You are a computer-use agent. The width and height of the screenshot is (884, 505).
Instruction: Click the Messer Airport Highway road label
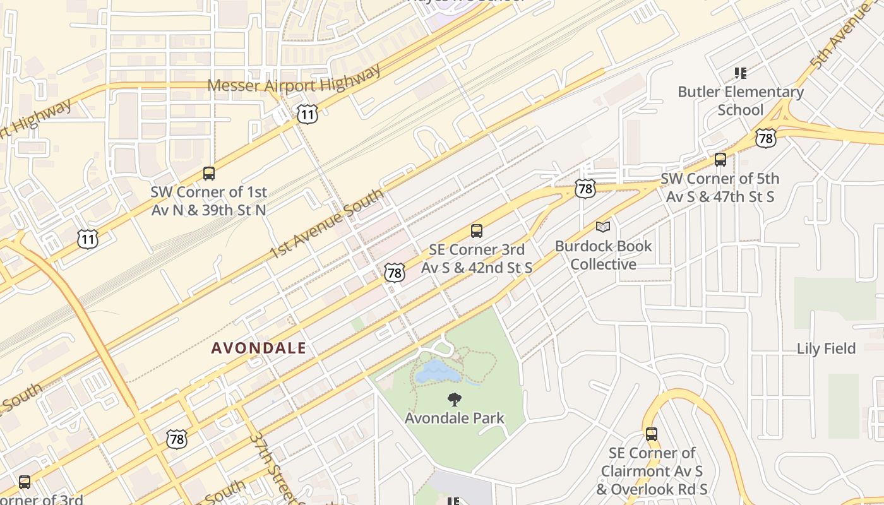294,78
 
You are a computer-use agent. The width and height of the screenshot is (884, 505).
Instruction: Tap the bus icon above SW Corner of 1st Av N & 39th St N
209,173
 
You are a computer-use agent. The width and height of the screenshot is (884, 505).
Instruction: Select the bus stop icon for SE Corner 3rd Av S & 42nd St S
477,231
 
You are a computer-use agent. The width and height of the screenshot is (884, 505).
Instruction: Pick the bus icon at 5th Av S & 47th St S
720,160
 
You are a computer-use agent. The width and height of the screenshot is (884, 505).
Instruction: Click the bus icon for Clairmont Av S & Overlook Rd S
652,434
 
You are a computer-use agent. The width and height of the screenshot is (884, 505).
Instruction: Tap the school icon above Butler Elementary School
741,73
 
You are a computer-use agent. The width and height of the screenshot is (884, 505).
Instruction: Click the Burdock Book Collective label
604,255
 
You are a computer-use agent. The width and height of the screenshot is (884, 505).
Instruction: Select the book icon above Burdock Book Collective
603,227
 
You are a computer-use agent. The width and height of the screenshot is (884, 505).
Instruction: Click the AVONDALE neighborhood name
259,348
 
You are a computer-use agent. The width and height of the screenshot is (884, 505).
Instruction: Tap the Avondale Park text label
455,418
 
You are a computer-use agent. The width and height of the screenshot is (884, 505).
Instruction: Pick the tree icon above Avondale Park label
454,399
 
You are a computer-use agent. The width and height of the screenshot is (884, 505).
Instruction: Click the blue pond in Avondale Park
438,372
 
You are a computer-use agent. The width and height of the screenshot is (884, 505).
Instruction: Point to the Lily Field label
826,348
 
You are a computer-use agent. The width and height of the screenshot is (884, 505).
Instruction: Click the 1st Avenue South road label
326,224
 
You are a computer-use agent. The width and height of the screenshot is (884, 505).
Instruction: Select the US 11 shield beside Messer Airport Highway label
307,114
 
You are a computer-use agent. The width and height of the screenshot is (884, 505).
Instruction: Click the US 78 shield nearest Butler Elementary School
765,138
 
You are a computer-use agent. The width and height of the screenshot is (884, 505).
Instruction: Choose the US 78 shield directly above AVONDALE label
395,273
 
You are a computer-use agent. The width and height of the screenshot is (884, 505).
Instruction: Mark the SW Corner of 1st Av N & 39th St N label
209,201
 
